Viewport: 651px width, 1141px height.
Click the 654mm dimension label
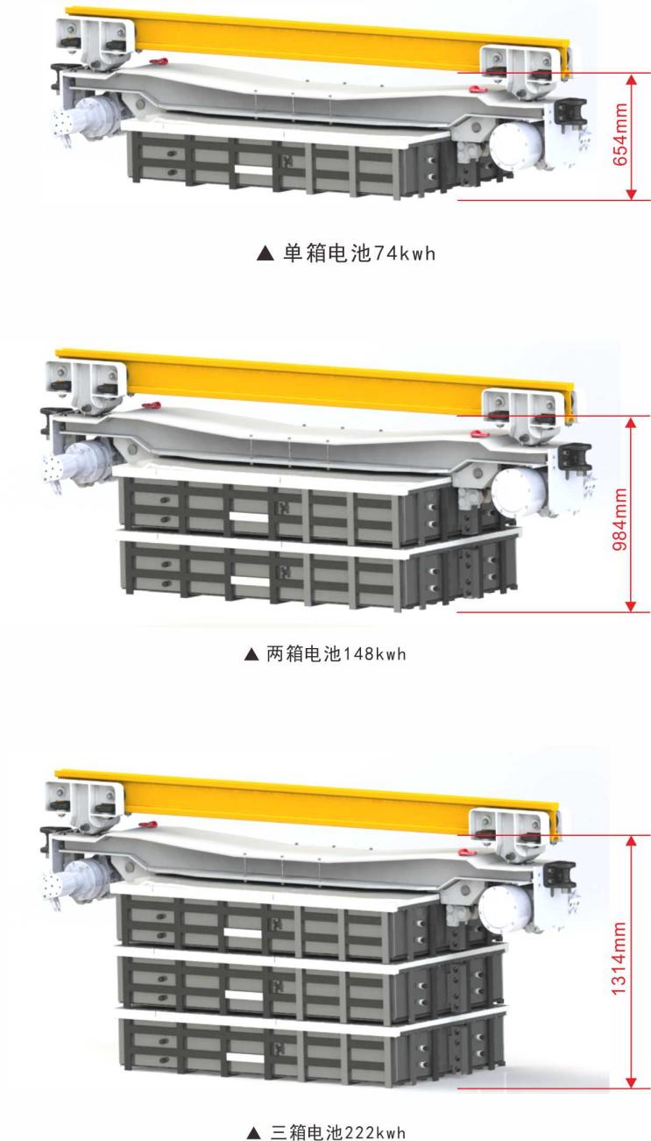click(x=620, y=134)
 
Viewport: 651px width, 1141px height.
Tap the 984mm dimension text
click(x=620, y=518)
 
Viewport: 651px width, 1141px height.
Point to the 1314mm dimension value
click(x=619, y=958)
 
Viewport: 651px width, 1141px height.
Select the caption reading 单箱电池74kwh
click(x=359, y=253)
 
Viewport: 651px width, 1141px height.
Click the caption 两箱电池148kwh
click(x=336, y=653)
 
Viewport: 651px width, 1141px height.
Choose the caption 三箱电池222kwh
click(x=337, y=1133)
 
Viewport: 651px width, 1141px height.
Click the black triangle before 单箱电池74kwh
click(x=265, y=253)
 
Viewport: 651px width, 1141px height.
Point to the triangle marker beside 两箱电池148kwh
click(x=251, y=654)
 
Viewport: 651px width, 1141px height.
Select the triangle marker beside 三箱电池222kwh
click(x=253, y=1134)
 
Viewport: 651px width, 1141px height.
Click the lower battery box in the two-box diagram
click(x=318, y=570)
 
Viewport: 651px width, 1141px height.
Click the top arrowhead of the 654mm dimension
click(x=631, y=80)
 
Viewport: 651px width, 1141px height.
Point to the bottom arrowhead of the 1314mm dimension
click(x=631, y=1082)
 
